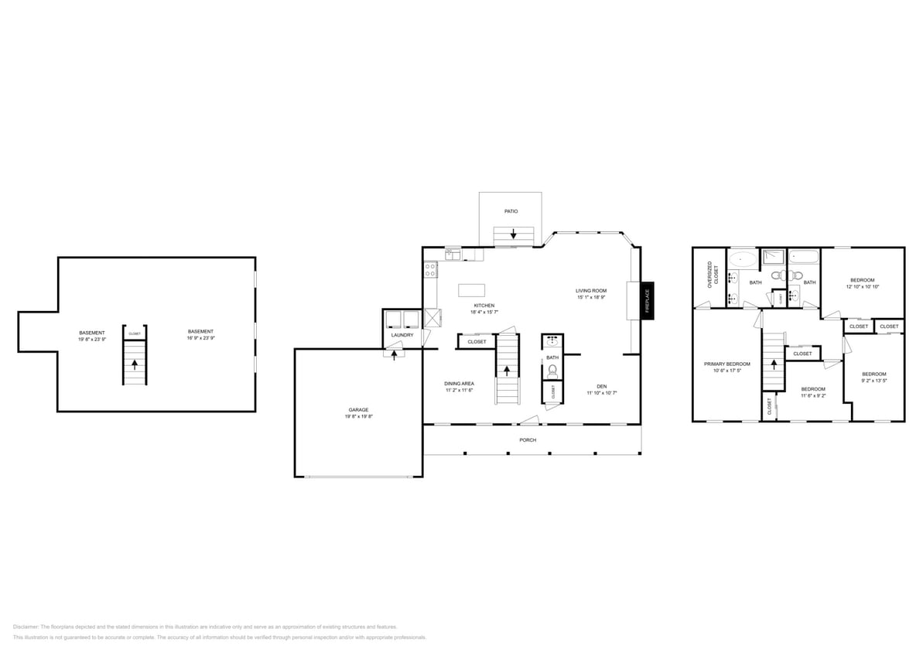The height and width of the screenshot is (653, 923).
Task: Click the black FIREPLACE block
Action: (648, 300)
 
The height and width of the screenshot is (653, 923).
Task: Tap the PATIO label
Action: (511, 210)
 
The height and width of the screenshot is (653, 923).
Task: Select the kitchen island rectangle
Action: (471, 290)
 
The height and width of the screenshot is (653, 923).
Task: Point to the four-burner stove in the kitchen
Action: (430, 270)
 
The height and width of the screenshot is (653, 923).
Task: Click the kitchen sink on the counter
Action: (452, 254)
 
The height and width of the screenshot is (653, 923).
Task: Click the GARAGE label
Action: (358, 410)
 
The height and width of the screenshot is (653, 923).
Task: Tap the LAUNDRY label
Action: (402, 335)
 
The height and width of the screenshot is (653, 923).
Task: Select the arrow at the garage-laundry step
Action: (394, 355)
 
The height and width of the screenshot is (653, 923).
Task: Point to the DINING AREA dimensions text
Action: (459, 391)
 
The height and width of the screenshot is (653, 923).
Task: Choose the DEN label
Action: (601, 386)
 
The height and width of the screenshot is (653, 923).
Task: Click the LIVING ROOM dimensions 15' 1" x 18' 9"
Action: (590, 298)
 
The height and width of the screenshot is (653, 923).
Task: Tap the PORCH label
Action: (528, 440)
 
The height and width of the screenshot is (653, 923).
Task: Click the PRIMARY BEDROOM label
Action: (726, 364)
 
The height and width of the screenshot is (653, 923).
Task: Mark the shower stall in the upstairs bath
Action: (773, 257)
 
